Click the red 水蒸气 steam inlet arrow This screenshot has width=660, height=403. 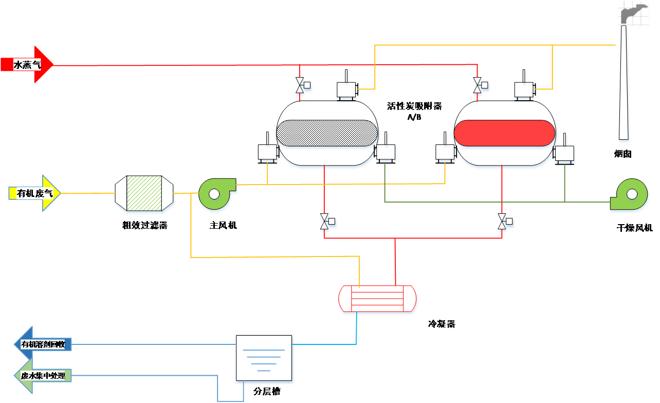28,65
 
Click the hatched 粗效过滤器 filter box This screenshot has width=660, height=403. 144,193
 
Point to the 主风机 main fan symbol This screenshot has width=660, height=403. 216,193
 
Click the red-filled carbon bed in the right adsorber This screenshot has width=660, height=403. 504,133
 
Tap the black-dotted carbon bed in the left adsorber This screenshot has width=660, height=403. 327,133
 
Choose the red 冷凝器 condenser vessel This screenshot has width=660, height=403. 377,298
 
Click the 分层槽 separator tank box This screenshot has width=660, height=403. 264,358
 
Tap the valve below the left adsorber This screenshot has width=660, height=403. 324,222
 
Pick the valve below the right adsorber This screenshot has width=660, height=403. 502,222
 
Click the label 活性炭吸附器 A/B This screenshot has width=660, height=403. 414,111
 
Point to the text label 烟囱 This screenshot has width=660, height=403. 623,154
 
